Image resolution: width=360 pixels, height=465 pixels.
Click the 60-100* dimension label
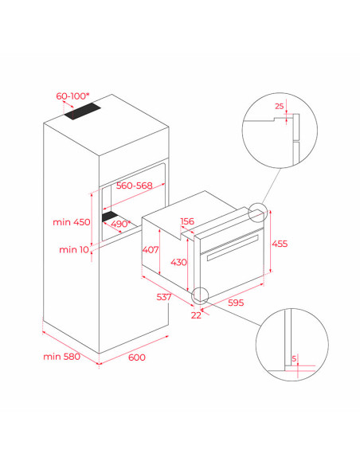pos(72,96)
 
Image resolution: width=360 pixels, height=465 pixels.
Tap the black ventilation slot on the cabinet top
pos(83,111)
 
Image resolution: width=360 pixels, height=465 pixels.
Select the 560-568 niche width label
pos(135,186)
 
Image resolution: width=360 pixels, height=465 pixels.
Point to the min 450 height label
pos(72,222)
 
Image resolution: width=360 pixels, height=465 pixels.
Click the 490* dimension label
pos(121,224)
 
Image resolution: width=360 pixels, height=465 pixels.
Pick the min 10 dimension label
pos(74,250)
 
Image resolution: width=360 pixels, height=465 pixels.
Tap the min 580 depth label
pos(61,357)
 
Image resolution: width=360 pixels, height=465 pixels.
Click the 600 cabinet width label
pos(137,358)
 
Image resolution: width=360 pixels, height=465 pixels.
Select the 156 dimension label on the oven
pos(187,221)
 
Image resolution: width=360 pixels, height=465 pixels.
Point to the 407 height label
pos(151,250)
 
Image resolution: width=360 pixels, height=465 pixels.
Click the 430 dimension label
pos(178,262)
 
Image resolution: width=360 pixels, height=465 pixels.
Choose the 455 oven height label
pos(280,244)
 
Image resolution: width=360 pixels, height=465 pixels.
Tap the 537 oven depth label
pos(164,297)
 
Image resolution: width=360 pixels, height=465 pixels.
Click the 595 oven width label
pos(236,303)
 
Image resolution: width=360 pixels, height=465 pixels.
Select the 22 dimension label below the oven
pos(196,315)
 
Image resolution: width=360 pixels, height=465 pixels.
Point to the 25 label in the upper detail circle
pos(280,106)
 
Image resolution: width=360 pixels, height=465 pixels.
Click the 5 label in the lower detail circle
pos(294,358)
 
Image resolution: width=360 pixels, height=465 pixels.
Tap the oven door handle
pos(233,248)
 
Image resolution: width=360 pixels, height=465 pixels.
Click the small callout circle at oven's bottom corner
pos(200,296)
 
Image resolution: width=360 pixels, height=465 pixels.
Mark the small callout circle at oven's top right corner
pos(258,213)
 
